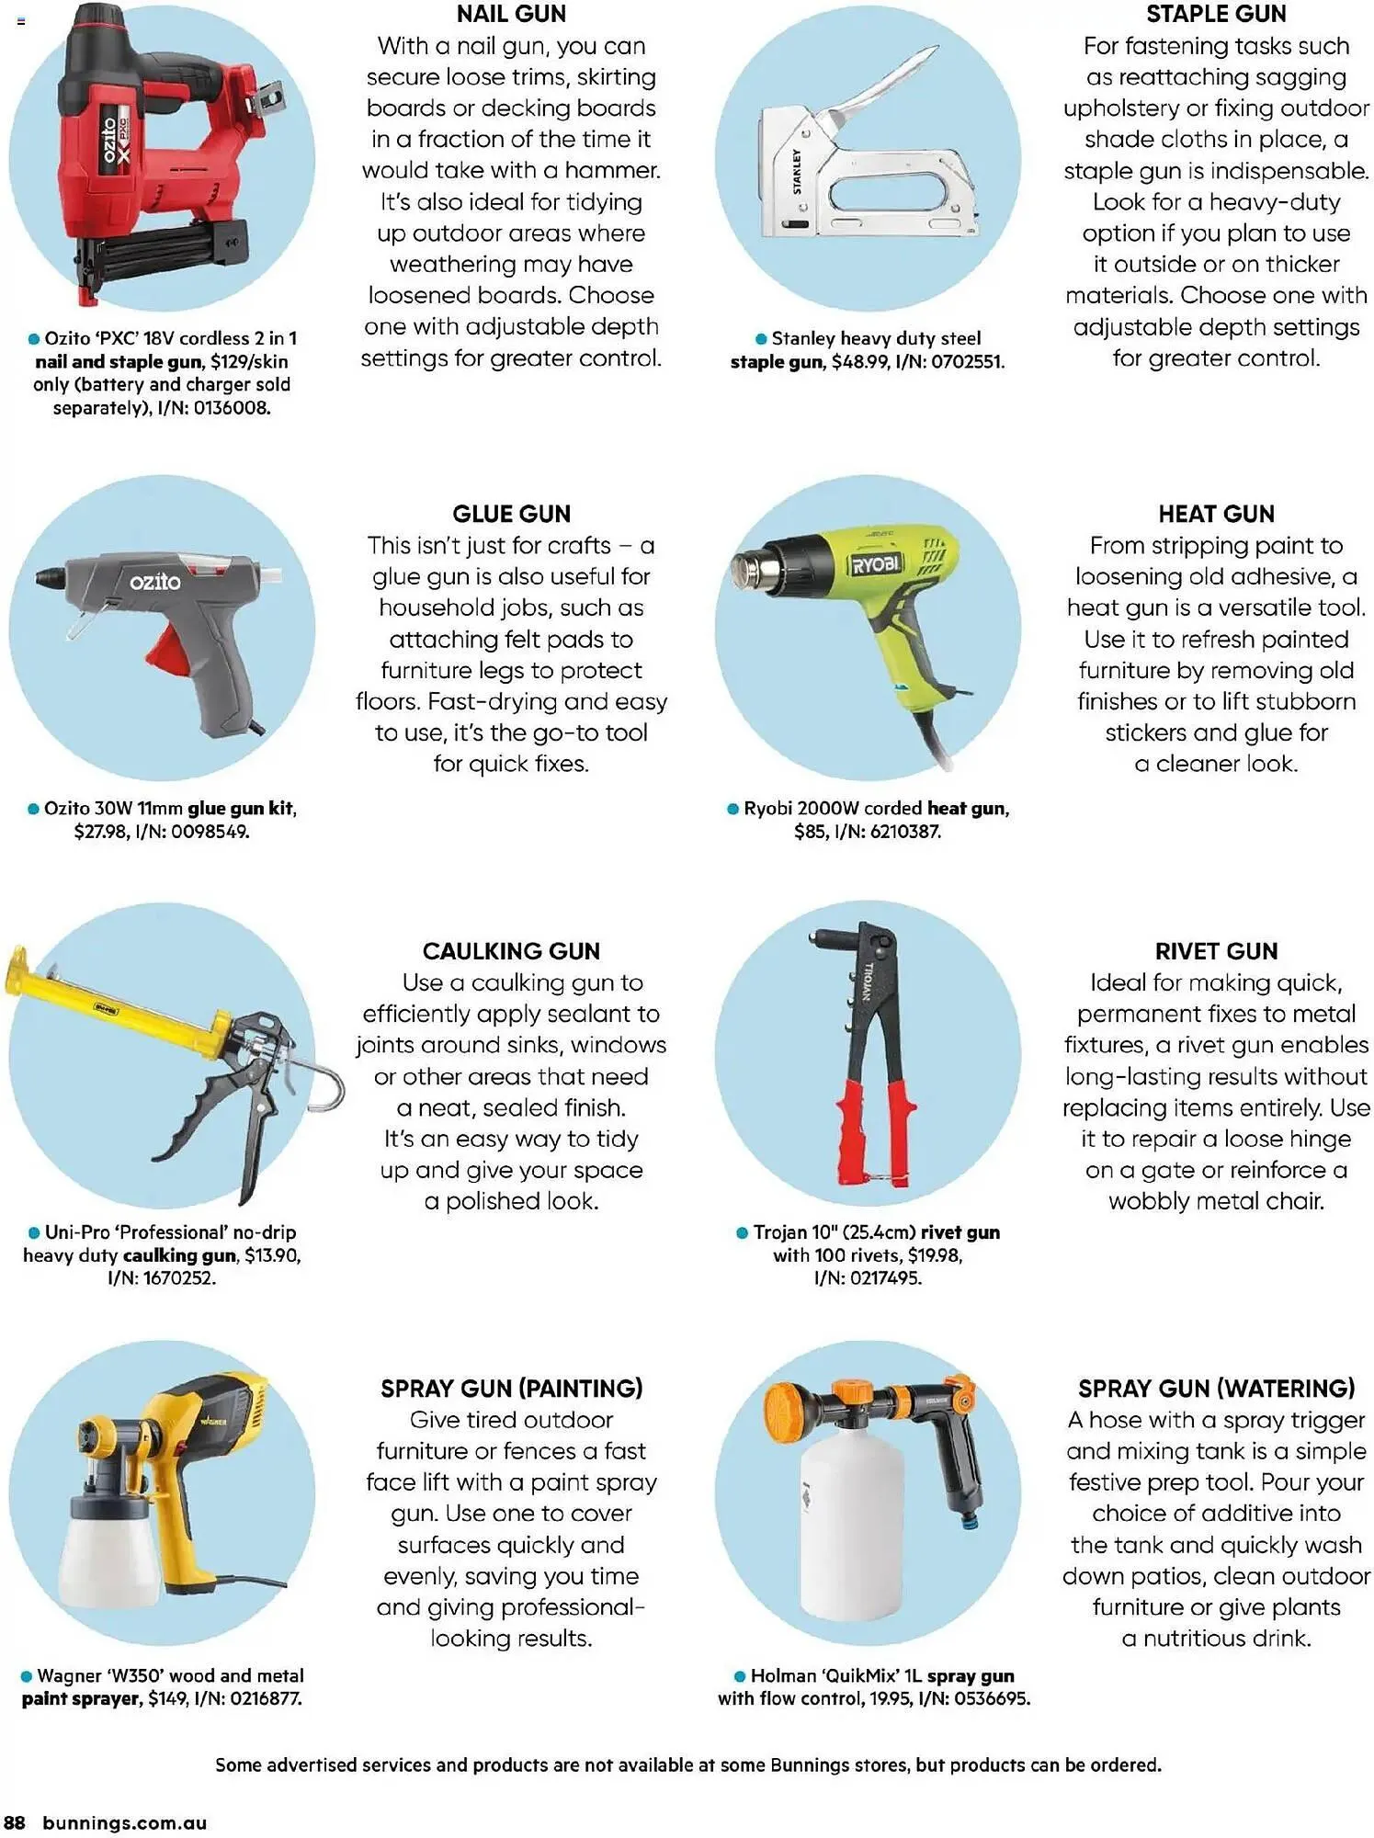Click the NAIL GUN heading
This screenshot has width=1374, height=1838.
tap(511, 14)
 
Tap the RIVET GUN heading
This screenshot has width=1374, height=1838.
tap(1216, 951)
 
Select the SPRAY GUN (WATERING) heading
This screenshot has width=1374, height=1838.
tap(1216, 1389)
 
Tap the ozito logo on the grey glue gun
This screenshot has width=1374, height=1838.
tap(154, 582)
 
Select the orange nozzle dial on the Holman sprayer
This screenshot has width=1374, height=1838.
tap(788, 1411)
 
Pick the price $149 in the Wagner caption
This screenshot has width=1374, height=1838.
tap(167, 1698)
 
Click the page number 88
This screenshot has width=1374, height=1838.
tap(15, 1822)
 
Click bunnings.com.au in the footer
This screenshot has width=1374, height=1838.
tap(125, 1822)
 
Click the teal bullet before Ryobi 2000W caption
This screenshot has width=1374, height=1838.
tap(732, 809)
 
